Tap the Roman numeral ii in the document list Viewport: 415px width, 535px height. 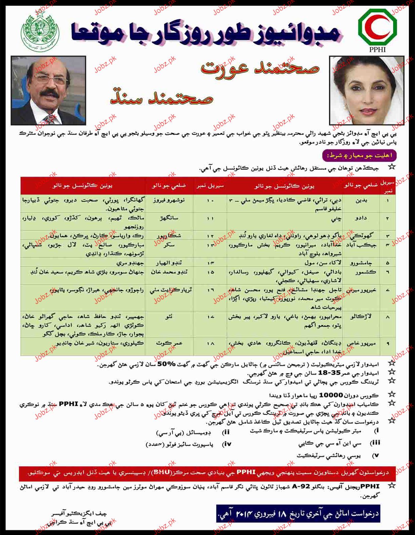[226, 432]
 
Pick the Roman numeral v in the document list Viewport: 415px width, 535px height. [375, 456]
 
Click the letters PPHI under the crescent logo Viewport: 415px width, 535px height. [378, 49]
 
